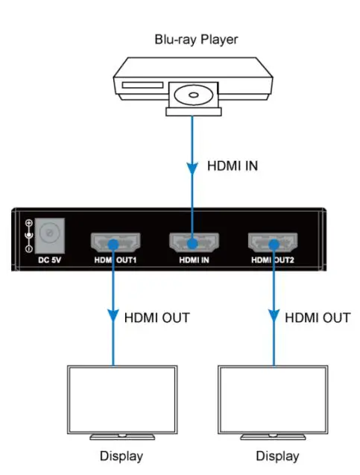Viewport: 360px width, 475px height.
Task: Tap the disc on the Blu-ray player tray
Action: click(193, 96)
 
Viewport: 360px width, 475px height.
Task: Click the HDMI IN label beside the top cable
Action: click(232, 166)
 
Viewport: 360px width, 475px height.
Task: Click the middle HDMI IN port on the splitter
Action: click(192, 242)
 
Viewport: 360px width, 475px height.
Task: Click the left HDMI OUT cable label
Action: click(155, 318)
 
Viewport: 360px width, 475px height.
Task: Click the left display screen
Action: click(113, 399)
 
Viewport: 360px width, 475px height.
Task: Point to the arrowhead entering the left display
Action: click(113, 317)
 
